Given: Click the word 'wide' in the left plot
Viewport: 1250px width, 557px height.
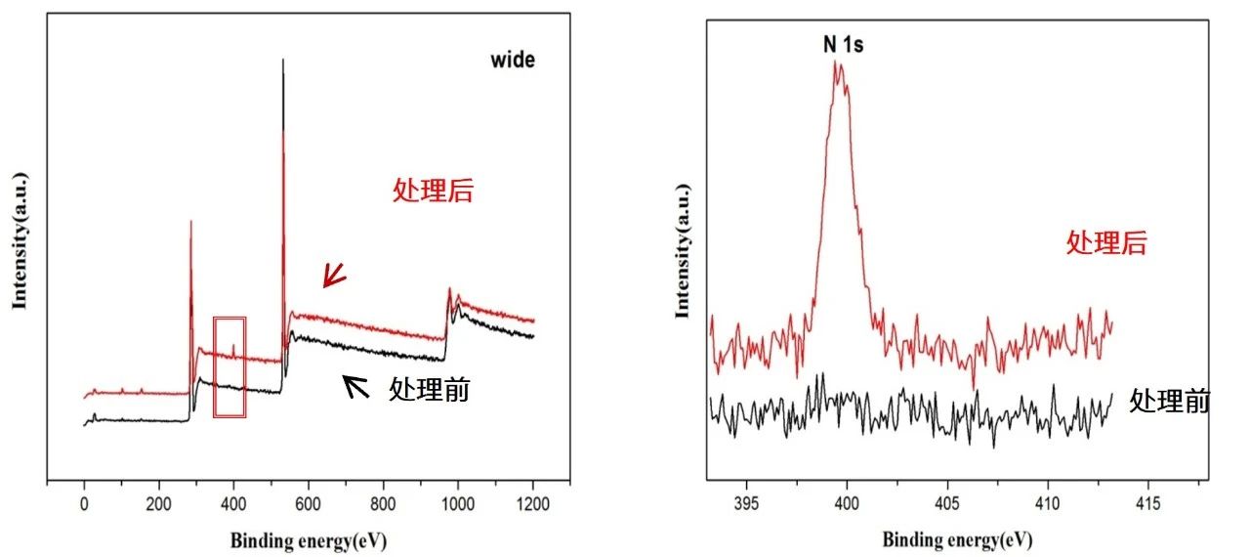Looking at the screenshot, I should [513, 61].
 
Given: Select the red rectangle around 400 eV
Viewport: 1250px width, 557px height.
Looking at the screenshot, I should [229, 366].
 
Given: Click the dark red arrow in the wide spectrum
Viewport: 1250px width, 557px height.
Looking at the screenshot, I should [334, 277].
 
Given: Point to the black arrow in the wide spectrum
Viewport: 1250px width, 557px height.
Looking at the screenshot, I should [355, 387].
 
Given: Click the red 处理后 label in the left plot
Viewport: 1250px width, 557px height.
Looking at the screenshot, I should [433, 191].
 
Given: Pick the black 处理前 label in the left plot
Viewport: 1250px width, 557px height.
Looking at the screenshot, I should [429, 390].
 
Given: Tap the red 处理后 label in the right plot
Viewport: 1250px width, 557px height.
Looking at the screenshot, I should [1105, 242].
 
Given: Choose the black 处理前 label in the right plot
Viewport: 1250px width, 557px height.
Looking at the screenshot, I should [1169, 401].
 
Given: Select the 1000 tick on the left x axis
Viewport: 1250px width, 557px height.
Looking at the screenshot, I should [458, 505].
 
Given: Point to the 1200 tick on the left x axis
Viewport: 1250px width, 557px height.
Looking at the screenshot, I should [533, 505].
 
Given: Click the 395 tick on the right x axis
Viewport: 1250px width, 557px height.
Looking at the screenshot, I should [747, 505].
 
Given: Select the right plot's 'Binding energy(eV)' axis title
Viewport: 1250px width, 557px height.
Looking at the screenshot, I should [957, 539].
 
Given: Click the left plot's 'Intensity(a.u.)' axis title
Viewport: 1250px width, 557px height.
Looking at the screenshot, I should [19, 240].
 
